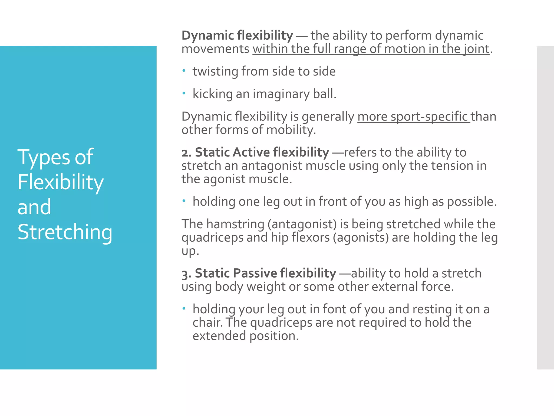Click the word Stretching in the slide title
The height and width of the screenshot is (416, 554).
pyautogui.click(x=65, y=232)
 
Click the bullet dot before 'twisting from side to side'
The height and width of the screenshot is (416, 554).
pyautogui.click(x=184, y=71)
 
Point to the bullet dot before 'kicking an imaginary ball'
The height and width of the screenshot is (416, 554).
pyautogui.click(x=184, y=93)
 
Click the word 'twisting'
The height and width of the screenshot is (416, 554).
pyautogui.click(x=215, y=71)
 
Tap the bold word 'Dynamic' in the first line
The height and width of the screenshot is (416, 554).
pyautogui.click(x=207, y=36)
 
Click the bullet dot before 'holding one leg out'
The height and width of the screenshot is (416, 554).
pyautogui.click(x=184, y=201)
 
